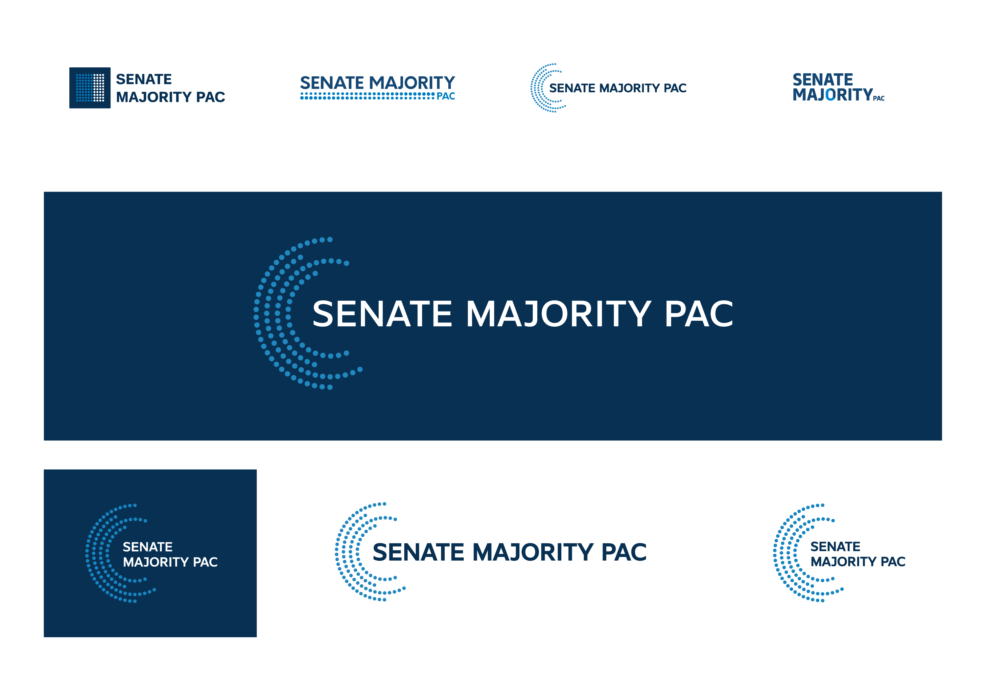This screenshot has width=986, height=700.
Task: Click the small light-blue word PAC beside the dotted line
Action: pyautogui.click(x=446, y=96)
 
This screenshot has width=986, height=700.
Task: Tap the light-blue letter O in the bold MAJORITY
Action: pyautogui.click(x=830, y=94)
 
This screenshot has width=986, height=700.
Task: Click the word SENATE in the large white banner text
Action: pyautogui.click(x=382, y=314)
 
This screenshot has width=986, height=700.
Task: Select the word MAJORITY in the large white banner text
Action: pyautogui.click(x=558, y=314)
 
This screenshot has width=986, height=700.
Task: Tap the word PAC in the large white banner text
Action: pyautogui.click(x=698, y=314)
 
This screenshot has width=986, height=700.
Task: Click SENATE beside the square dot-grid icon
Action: pyautogui.click(x=144, y=79)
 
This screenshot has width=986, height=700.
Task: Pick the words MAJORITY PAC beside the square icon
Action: pyautogui.click(x=171, y=97)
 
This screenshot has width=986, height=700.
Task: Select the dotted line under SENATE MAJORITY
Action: pyautogui.click(x=367, y=96)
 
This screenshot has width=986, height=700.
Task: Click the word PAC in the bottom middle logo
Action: pyautogui.click(x=624, y=552)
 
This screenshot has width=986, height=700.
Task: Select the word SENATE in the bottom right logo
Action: pyautogui.click(x=835, y=547)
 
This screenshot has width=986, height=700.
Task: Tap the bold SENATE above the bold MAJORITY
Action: pyautogui.click(x=823, y=80)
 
